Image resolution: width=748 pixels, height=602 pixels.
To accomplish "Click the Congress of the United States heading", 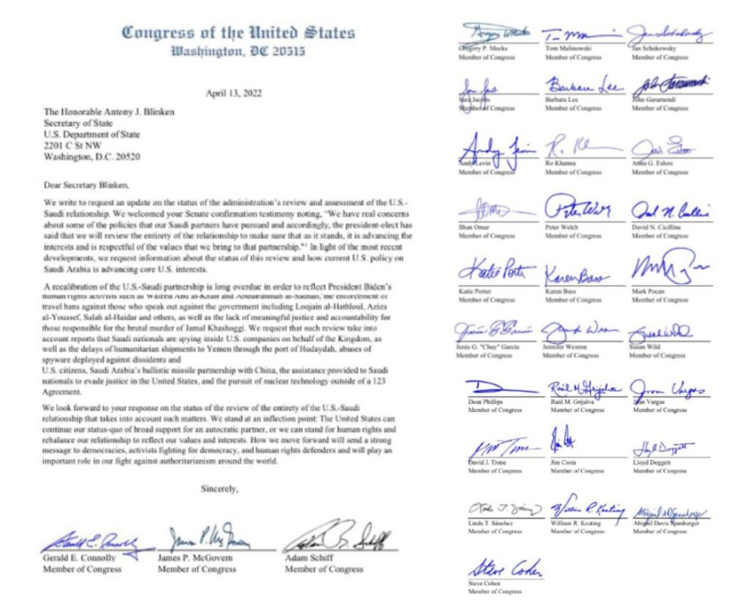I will [x=238, y=33].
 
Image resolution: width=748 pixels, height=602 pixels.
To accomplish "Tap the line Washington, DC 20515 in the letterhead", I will [x=238, y=52].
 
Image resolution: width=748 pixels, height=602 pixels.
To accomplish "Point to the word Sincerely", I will [x=220, y=489].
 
